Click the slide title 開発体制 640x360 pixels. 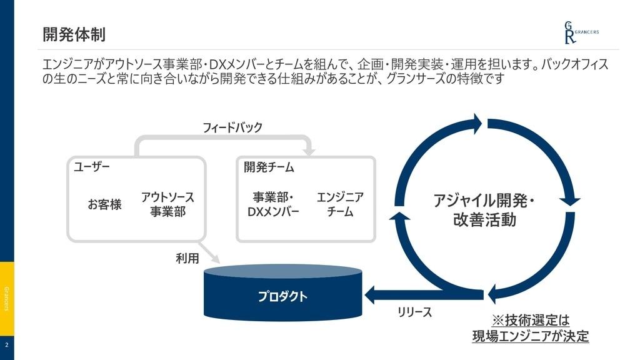[x=74, y=34]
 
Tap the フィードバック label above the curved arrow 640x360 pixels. [x=232, y=127]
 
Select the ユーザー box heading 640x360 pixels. [x=92, y=167]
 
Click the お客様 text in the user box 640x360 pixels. [x=104, y=204]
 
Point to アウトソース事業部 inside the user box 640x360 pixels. [x=167, y=204]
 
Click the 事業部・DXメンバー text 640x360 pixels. [x=273, y=204]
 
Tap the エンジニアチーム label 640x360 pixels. [x=340, y=204]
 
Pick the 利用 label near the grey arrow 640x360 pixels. [x=187, y=258]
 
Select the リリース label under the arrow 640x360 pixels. [x=414, y=312]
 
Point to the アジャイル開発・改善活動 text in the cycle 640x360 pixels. [x=484, y=211]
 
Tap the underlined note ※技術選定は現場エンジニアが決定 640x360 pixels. [x=530, y=328]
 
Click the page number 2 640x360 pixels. [x=7, y=345]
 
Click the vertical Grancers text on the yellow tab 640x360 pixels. [x=7, y=299]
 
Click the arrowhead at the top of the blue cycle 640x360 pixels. [x=477, y=124]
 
